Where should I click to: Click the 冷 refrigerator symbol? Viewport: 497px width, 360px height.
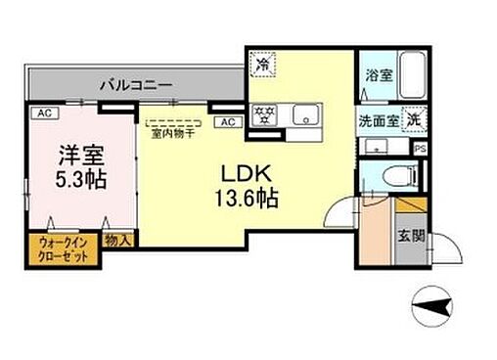(x=263, y=65)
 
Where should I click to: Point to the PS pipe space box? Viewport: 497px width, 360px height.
(x=420, y=149)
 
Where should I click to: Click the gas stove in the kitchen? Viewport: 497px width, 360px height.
(x=264, y=113)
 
